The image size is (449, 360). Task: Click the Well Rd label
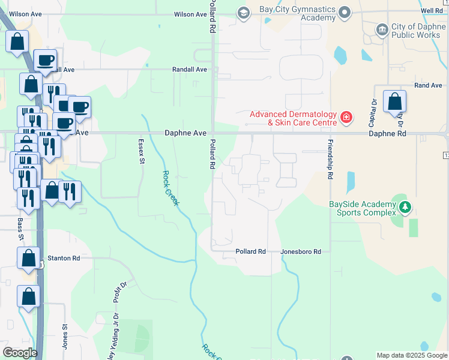[x=432, y=11]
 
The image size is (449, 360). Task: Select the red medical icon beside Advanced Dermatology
[x=346, y=117]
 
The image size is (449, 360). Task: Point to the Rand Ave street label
[x=428, y=86]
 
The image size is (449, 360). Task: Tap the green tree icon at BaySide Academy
[x=405, y=207]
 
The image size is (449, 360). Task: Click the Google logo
[x=20, y=353]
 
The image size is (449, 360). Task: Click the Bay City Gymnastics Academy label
[x=297, y=14]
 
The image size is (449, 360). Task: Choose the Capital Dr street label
[x=373, y=111]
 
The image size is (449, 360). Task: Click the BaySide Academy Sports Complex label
[x=362, y=208]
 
